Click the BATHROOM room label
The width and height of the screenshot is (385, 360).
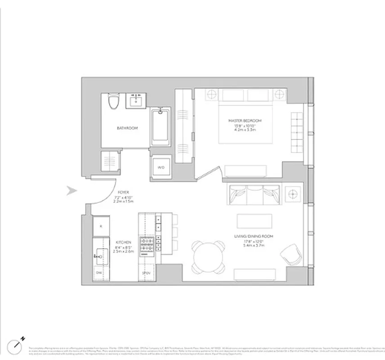click(127, 128)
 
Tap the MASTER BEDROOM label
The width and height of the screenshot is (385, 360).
click(245, 121)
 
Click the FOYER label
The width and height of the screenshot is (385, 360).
click(123, 193)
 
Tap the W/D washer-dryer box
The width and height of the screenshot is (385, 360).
click(161, 166)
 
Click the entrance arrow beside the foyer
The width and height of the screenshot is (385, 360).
click(72, 191)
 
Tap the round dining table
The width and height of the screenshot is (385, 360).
click(208, 257)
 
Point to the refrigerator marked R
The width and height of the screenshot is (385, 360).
click(101, 226)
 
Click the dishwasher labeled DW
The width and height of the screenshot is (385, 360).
click(99, 273)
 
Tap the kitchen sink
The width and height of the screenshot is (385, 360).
click(100, 256)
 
